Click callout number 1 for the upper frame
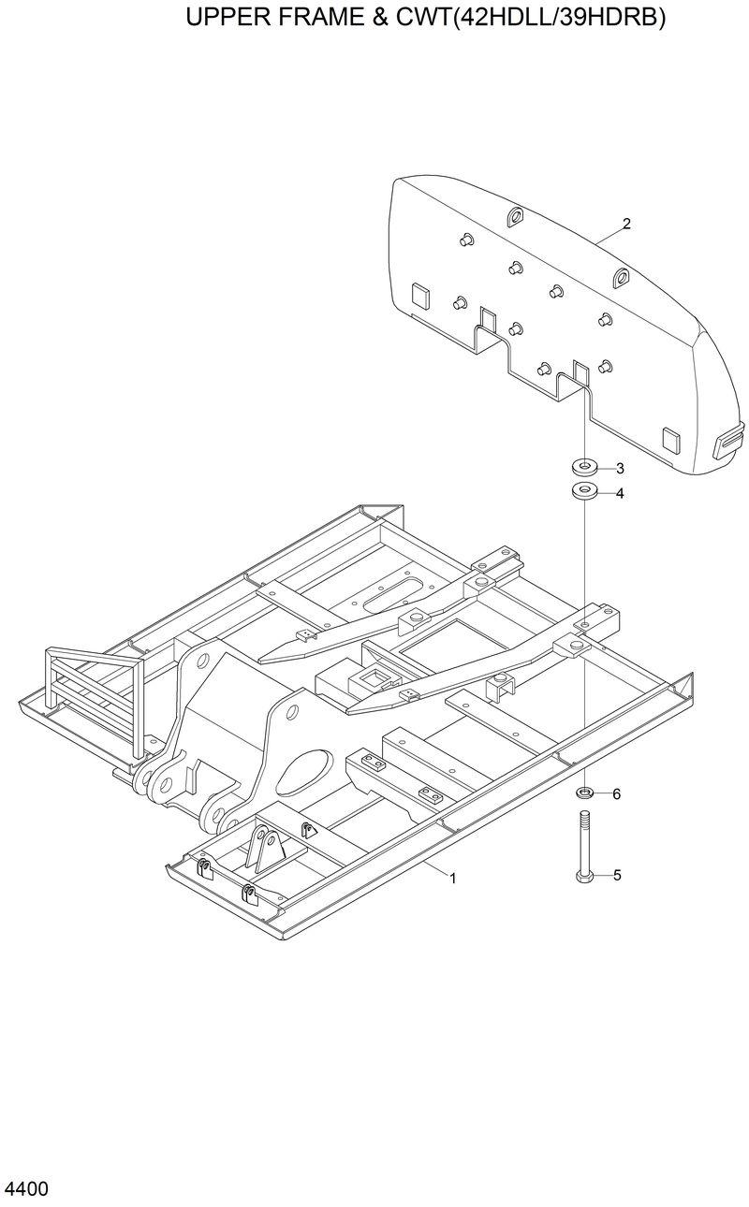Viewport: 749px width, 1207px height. click(453, 878)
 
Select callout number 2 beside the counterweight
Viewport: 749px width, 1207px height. click(626, 224)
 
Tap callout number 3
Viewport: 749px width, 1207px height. click(619, 468)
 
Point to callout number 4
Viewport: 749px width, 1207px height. click(619, 493)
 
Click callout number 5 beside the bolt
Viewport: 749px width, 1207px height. click(617, 876)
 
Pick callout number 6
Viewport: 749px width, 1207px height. click(616, 794)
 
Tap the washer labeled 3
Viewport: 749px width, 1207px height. click(584, 466)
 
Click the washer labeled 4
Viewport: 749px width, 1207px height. click(584, 491)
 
